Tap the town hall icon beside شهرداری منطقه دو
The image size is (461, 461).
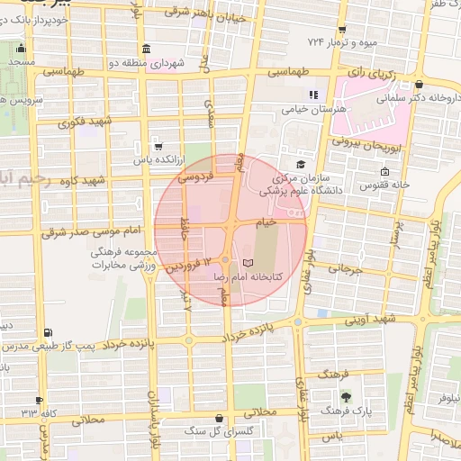click(x=146, y=50)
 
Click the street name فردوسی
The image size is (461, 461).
click(x=195, y=178)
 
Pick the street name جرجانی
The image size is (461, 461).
click(x=344, y=268)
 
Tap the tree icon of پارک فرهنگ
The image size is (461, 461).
click(x=346, y=395)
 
